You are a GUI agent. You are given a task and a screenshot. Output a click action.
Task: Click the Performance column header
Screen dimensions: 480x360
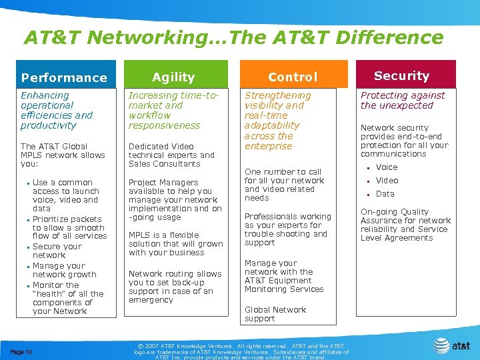(64, 77)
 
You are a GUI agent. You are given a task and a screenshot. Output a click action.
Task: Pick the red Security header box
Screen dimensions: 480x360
(401, 76)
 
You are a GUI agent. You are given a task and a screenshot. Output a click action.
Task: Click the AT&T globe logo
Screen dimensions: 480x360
(442, 345)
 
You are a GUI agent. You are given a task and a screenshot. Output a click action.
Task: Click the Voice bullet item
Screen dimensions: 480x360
(387, 167)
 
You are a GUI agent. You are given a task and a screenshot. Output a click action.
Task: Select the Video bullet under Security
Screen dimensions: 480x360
(387, 181)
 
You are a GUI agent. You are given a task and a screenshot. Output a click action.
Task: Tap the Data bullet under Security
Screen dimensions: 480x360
(385, 194)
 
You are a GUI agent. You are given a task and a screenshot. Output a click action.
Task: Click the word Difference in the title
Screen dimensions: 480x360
(390, 38)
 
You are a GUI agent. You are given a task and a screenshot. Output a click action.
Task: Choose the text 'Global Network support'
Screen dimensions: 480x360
(275, 314)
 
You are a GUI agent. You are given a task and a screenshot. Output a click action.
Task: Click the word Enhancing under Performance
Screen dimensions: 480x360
(45, 95)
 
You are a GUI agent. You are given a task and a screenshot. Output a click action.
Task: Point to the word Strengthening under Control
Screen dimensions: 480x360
(278, 95)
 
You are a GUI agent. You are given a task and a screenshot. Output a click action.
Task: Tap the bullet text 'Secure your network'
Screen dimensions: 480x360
(57, 251)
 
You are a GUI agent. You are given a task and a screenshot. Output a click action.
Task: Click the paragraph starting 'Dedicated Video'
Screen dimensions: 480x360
(171, 155)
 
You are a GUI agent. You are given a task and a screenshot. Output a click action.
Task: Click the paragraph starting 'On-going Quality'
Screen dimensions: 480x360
(405, 225)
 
